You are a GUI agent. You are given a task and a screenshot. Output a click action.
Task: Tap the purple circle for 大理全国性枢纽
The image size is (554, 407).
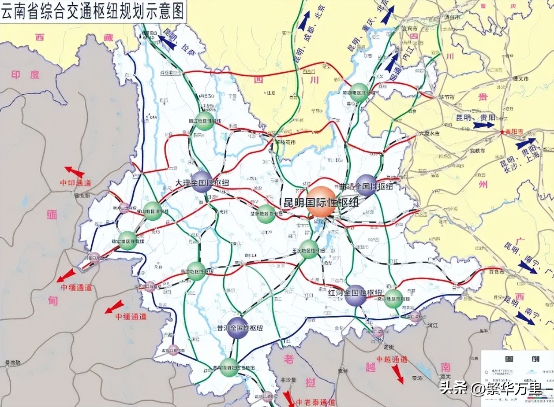click(x=202, y=182)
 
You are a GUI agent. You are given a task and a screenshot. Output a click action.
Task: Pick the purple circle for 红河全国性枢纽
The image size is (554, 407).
click(x=355, y=295)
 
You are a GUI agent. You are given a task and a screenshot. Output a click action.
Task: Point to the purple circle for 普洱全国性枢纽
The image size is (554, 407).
click(x=237, y=328)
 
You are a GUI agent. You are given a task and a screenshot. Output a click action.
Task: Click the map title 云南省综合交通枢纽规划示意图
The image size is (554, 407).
click(x=92, y=12)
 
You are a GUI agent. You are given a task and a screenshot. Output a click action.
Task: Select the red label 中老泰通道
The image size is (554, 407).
click(x=315, y=402)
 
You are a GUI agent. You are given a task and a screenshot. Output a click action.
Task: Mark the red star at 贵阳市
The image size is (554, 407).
click(x=502, y=132)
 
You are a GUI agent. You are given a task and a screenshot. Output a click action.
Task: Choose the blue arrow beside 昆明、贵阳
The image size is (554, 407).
click(x=483, y=125)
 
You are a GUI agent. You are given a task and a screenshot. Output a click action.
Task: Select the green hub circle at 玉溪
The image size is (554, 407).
click(x=309, y=249)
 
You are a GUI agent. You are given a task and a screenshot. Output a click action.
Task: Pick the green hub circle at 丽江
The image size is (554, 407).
click(x=205, y=121)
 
